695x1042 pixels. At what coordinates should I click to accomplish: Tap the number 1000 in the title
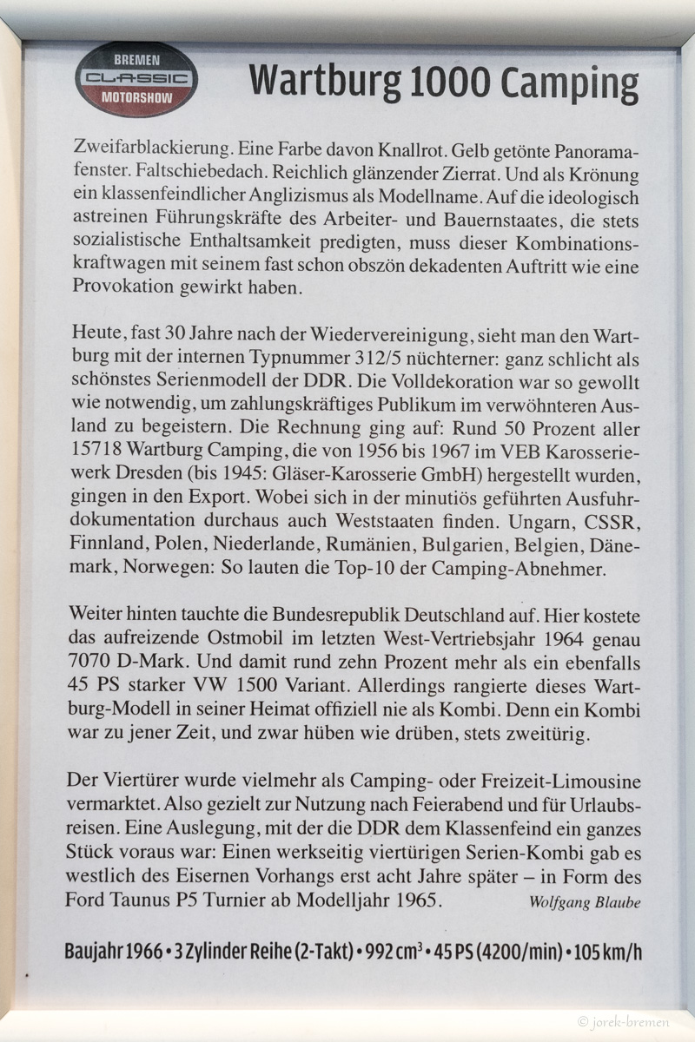(448, 83)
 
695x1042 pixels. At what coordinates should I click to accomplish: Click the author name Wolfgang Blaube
(585, 901)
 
